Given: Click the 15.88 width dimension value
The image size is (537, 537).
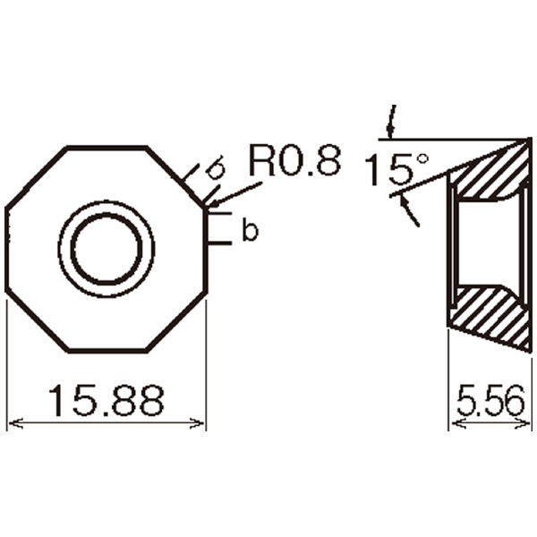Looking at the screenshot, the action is coord(107,400).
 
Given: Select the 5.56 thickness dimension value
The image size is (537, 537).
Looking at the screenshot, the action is coord(490,400).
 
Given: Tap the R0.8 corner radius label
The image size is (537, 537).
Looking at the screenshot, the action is coord(295,160).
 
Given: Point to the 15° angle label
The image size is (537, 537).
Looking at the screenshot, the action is coord(396,169).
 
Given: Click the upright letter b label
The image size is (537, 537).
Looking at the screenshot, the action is coord(251,229).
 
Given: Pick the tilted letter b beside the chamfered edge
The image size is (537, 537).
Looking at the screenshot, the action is coord(217,168).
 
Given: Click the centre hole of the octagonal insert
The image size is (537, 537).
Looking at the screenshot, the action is coord(107,249).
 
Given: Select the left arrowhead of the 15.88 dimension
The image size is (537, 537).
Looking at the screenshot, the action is coord(16,423).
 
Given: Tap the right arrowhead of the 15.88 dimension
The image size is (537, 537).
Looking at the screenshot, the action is coord(198,423).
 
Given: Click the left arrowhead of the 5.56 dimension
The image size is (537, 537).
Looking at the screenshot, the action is coord(458,423).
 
